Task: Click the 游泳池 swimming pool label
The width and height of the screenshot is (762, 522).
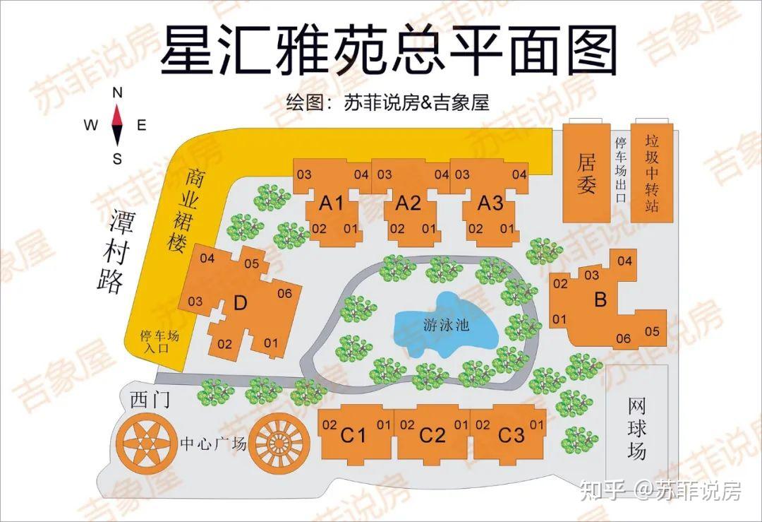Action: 447,326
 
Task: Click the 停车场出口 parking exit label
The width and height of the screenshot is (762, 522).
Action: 621,170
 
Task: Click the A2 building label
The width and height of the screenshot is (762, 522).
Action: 408,203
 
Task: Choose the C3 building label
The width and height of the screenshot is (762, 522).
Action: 512,434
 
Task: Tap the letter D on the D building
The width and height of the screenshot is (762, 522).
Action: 241,304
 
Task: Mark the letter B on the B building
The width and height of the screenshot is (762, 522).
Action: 600,299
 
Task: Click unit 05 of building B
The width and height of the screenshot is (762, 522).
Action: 652,331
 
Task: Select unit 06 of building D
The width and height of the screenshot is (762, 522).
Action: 284,293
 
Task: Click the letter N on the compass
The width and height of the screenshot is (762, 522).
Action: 118,93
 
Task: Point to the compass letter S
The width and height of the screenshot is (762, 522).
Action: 118,159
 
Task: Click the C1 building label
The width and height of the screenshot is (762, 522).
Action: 353,434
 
